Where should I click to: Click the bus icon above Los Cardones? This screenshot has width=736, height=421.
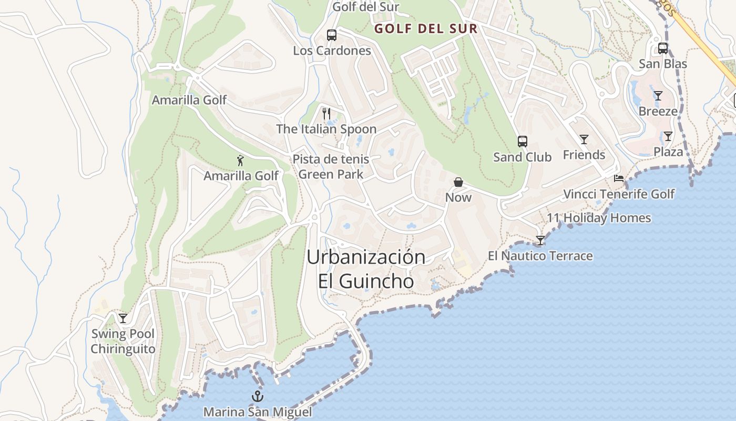pos(331,35)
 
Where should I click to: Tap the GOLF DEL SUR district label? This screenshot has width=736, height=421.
pos(426,29)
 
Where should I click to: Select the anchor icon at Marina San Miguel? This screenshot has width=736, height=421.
pos(258,396)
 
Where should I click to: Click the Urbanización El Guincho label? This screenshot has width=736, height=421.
pos(366,269)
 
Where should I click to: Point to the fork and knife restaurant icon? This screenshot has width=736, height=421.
pos(326,113)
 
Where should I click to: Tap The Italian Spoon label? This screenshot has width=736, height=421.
pos(326,129)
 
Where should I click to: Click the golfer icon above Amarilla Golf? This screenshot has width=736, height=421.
pos(241,161)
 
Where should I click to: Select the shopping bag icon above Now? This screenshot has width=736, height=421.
pos(458,182)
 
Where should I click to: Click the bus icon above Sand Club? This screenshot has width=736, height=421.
pos(522,141)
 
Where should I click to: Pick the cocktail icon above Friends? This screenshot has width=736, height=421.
pos(584,139)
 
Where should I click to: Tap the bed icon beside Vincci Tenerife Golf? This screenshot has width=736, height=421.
pos(619,178)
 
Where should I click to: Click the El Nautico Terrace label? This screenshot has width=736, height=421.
pos(540,256)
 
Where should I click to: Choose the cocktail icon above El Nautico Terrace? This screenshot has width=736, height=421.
pos(540,240)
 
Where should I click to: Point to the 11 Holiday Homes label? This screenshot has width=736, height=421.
pos(599,218)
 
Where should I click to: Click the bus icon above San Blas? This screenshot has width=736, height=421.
pos(663,48)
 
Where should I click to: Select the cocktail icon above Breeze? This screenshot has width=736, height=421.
pos(658,96)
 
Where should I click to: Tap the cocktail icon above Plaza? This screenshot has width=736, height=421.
pos(668,136)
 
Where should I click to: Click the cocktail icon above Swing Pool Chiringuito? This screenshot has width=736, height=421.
pos(123,318)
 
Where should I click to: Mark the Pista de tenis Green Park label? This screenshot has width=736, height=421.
pos(331,166)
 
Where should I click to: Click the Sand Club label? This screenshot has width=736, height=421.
pos(522,157)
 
